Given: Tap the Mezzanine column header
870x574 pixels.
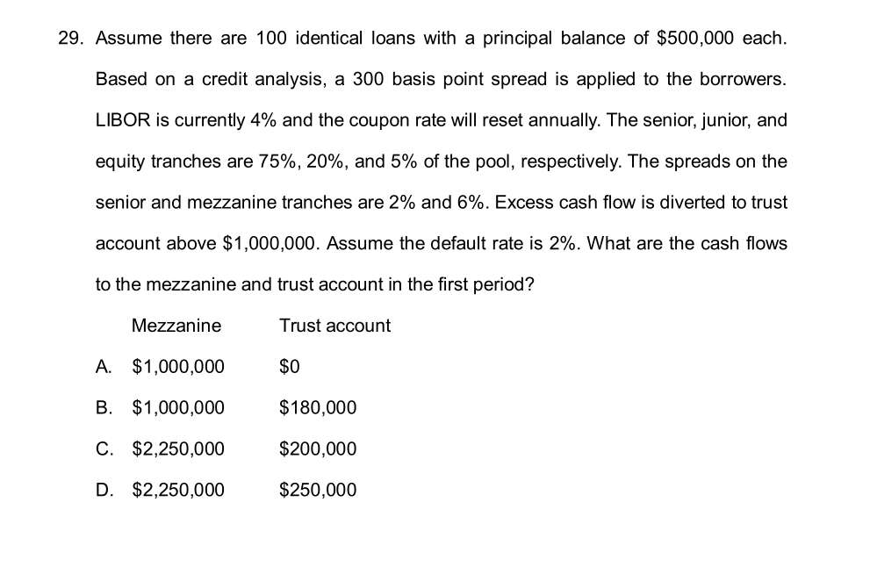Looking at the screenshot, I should [x=176, y=326].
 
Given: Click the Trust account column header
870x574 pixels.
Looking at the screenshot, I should [x=334, y=326].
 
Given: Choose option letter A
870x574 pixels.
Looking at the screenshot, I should [x=104, y=367].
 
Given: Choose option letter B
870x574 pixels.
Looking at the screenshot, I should [x=104, y=408].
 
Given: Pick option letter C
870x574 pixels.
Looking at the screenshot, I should [x=104, y=449].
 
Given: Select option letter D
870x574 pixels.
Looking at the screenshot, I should [x=104, y=490].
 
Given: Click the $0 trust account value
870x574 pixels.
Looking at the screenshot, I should [x=290, y=367].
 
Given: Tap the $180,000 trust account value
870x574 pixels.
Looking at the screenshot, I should [x=318, y=408].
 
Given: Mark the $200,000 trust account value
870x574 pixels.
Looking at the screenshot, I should [x=318, y=449].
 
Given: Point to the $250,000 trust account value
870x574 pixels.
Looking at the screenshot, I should [x=318, y=490].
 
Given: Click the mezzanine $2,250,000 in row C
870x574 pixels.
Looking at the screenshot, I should [x=178, y=449].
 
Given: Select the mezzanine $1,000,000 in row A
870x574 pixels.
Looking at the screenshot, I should [x=178, y=367].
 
